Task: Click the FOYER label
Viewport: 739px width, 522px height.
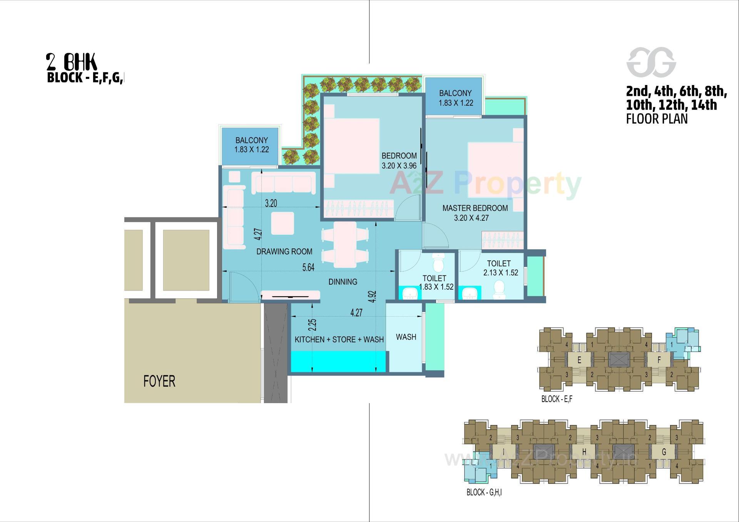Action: click(x=159, y=381)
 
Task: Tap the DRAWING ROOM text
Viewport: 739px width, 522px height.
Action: click(x=284, y=252)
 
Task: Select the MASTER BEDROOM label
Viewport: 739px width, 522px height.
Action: click(x=475, y=208)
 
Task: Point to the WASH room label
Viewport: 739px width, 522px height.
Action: click(x=406, y=337)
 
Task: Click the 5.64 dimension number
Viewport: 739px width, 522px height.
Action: click(x=308, y=268)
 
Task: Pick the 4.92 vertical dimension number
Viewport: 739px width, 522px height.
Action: click(x=372, y=296)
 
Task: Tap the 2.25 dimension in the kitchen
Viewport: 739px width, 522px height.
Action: click(x=313, y=325)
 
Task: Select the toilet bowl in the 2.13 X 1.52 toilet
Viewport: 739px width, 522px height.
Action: click(x=499, y=289)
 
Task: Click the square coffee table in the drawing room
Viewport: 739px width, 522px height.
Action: click(x=283, y=223)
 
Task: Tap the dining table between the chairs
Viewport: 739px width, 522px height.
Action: click(x=344, y=245)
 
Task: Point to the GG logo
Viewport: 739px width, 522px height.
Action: click(x=651, y=62)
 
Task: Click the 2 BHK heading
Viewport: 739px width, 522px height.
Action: click(x=72, y=62)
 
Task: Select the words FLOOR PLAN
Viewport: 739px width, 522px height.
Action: click(x=657, y=119)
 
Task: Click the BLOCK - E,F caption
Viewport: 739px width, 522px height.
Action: click(x=557, y=399)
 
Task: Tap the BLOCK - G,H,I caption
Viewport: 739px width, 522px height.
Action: click(x=484, y=492)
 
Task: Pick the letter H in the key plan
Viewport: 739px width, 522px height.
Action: click(x=584, y=452)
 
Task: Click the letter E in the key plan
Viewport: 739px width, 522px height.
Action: click(x=579, y=360)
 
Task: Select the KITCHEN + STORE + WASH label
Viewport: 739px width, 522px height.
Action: click(x=339, y=340)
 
